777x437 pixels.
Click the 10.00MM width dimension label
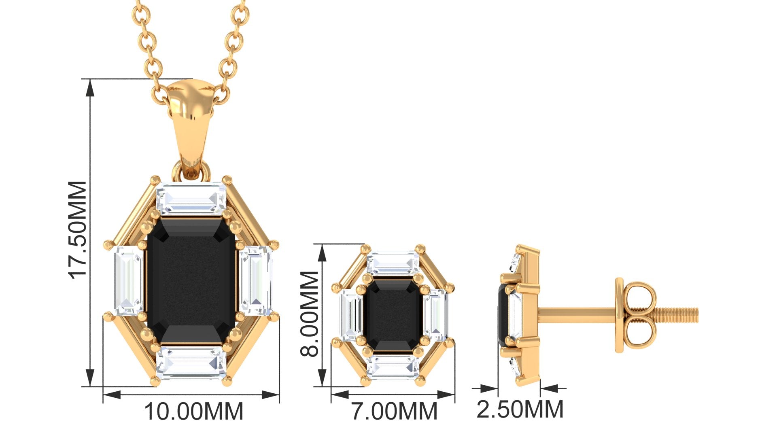click(194, 412)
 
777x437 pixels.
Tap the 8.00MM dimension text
click(310, 314)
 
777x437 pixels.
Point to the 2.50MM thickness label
click(520, 409)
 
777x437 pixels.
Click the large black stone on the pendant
click(191, 282)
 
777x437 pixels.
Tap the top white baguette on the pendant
click(191, 198)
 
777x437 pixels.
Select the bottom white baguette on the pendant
click(191, 363)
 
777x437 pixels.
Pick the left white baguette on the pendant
click(129, 281)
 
